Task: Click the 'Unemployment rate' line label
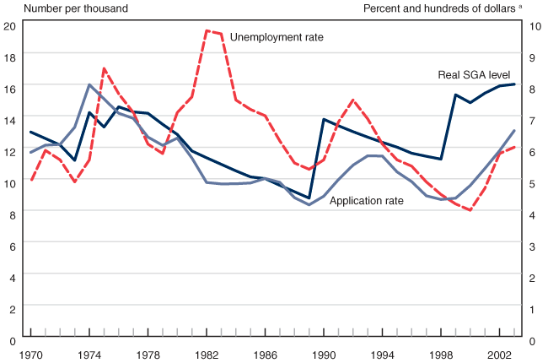pyautogui.click(x=277, y=37)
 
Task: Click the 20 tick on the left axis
pyautogui.click(x=10, y=25)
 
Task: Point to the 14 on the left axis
pyautogui.click(x=10, y=120)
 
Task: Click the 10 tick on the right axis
pyautogui.click(x=535, y=25)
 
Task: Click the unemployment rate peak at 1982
pyautogui.click(x=207, y=30)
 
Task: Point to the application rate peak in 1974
pyautogui.click(x=89, y=84)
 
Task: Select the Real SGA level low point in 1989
pyautogui.click(x=309, y=198)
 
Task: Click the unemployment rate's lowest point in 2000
pyautogui.click(x=470, y=210)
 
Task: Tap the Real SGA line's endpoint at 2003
pyautogui.click(x=514, y=84)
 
